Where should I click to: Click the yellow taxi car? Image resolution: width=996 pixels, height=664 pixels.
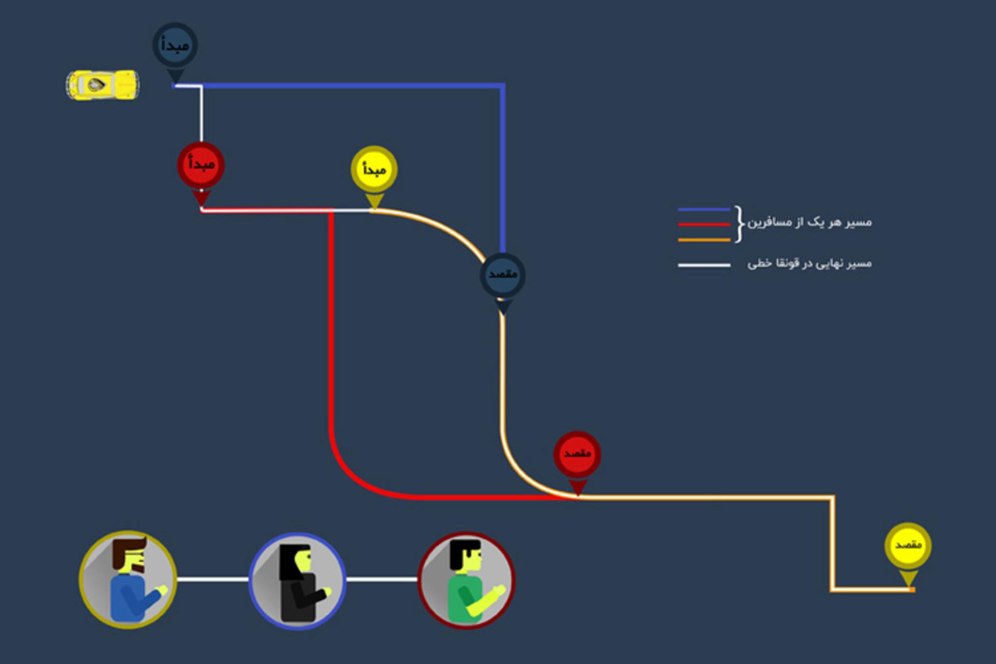coord(103,85)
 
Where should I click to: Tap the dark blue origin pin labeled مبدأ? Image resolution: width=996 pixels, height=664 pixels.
coord(175,49)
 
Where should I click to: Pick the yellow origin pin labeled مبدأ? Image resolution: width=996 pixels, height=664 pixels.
coord(374,173)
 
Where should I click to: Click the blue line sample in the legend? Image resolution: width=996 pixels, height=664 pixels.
coord(704,210)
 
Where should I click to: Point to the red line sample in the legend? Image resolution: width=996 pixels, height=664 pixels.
coord(704,225)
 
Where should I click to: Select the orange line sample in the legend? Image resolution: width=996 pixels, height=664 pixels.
coord(704,240)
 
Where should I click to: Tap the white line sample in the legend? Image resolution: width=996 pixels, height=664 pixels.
coord(704,265)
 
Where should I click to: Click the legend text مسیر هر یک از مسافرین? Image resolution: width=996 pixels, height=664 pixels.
coord(809,223)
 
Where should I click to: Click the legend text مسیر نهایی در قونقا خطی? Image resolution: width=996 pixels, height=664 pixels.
coord(809,264)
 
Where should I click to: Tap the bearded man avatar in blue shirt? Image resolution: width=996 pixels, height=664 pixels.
coord(128,579)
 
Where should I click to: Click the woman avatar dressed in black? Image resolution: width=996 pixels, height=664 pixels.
coord(297,581)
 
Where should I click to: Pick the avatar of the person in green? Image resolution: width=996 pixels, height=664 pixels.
coord(466,580)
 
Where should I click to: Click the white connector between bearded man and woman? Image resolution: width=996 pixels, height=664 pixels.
coord(213,579)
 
